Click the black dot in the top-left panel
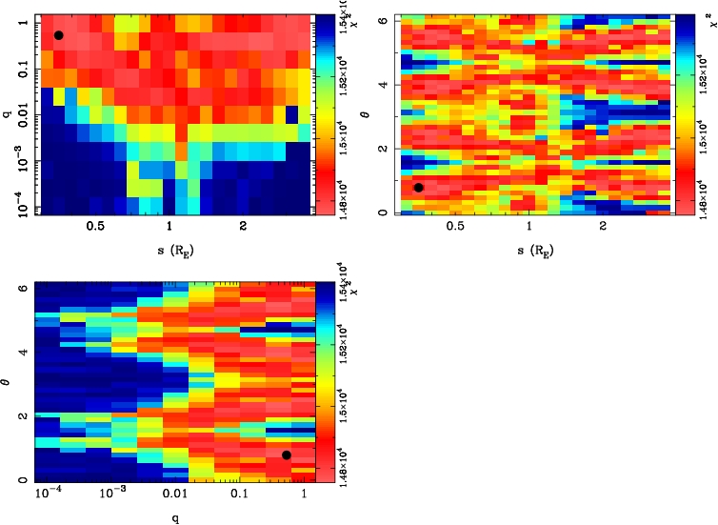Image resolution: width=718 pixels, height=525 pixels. click(58, 35)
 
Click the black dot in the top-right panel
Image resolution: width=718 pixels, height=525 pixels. click(418, 188)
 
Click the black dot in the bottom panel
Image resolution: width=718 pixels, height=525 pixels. click(287, 454)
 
